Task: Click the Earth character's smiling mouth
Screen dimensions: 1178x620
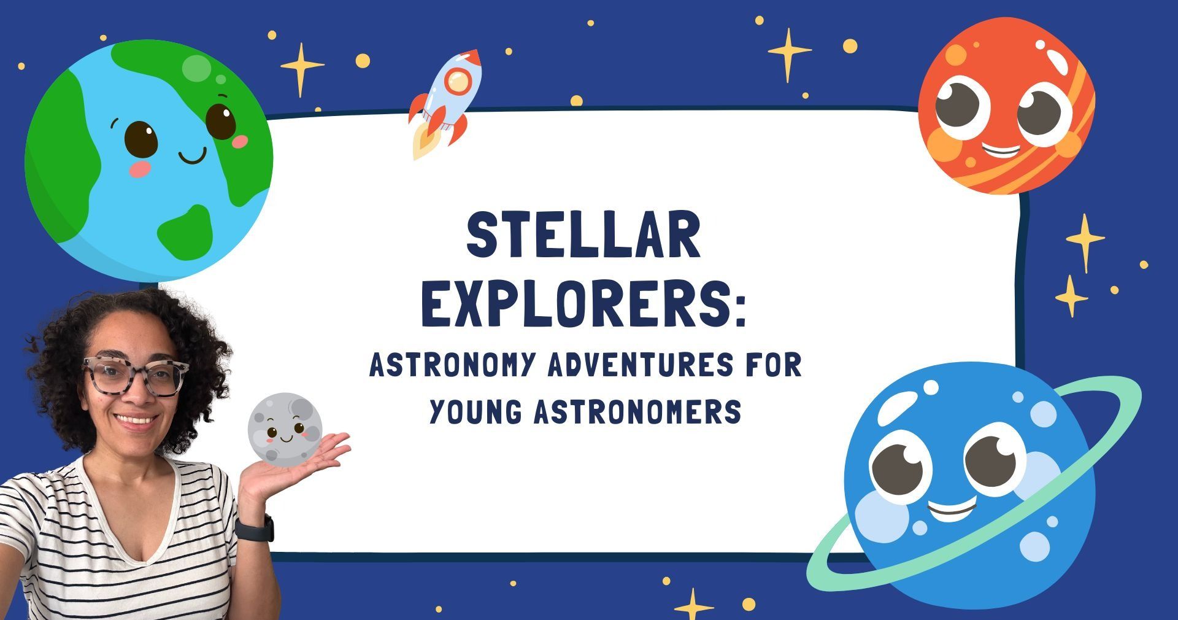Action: tap(193, 157)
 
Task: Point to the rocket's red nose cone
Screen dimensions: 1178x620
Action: tap(472, 58)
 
